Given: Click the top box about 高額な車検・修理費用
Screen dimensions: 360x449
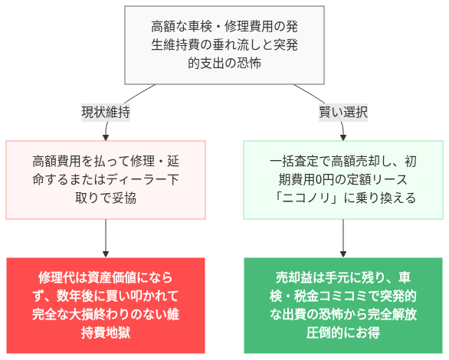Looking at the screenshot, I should (x=224, y=45).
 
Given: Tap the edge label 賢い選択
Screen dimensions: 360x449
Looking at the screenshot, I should (x=343, y=112).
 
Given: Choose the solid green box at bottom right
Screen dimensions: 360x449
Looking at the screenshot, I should (x=343, y=305).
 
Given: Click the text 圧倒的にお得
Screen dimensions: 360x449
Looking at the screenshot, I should (x=343, y=332).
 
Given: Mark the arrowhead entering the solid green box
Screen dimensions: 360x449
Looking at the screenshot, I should (x=343, y=253).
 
